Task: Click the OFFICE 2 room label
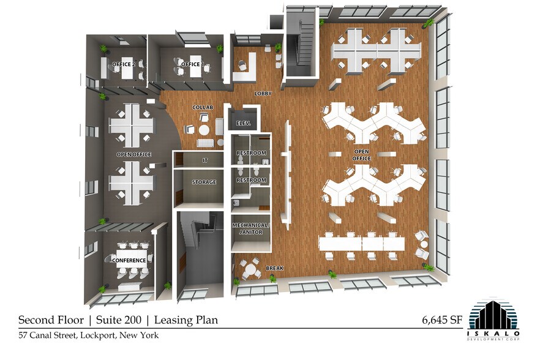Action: click(x=124, y=64)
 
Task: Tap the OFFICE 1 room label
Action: click(x=192, y=64)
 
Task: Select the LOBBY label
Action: click(x=263, y=93)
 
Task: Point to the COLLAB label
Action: click(x=203, y=107)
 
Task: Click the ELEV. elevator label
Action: click(x=244, y=123)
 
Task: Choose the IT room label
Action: click(x=205, y=160)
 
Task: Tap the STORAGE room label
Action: click(x=204, y=182)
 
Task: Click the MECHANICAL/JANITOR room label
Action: click(x=251, y=228)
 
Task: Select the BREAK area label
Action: click(x=275, y=268)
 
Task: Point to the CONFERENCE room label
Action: click(x=129, y=260)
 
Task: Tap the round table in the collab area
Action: click(x=204, y=130)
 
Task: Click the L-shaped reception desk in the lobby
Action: click(x=246, y=68)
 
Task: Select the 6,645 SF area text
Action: click(x=442, y=320)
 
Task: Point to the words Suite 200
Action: click(x=119, y=320)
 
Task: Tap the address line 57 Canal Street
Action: click(x=89, y=335)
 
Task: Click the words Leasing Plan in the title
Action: click(x=186, y=320)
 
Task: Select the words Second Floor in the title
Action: click(x=51, y=320)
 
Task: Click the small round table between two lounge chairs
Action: click(x=424, y=244)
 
